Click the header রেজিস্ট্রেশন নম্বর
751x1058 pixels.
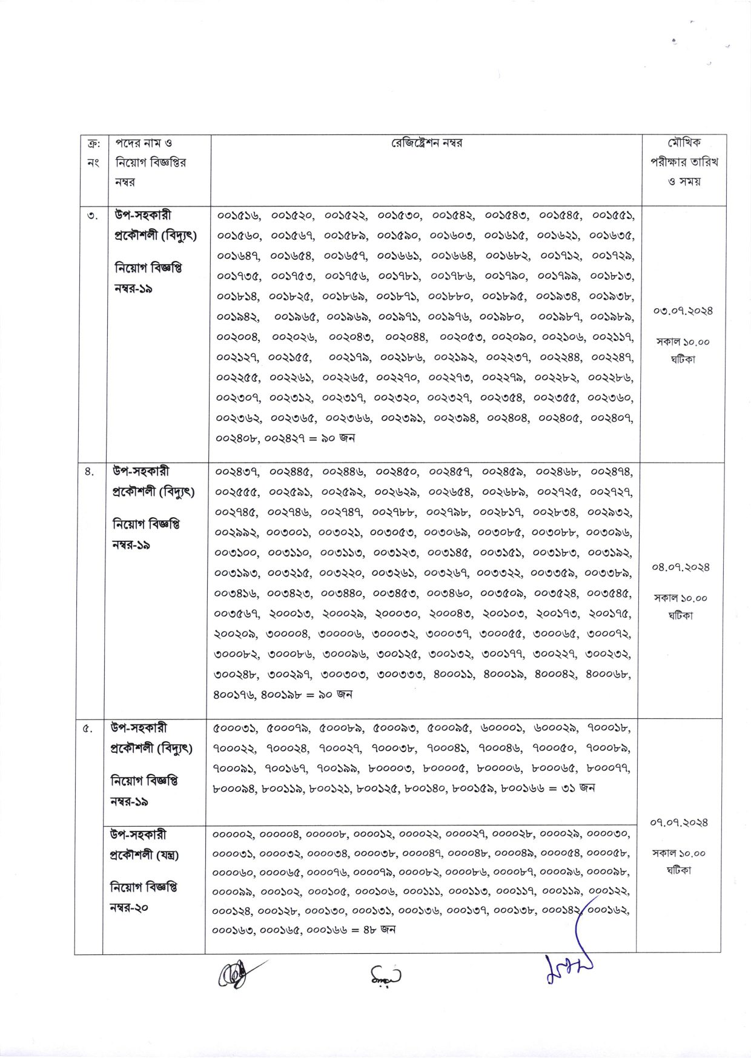coord(426,143)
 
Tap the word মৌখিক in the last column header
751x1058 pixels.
coord(684,143)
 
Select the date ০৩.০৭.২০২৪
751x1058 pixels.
coord(683,311)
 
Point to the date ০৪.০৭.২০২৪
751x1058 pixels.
coord(680,567)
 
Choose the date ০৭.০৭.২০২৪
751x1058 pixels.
coord(679,822)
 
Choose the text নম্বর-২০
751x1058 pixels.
coord(129,908)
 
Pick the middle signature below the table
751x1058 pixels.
coord(385,976)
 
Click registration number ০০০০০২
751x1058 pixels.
coord(233,835)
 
